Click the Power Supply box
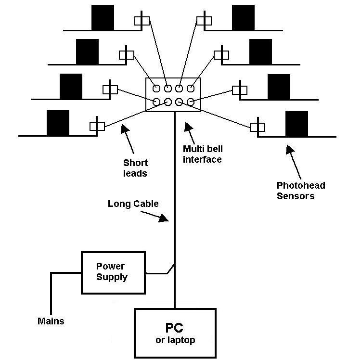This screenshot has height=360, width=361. coord(114,272)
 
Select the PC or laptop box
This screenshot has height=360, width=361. coord(175,333)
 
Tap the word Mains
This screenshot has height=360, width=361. coord(51,321)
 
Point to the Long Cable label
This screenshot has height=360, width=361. coord(133,204)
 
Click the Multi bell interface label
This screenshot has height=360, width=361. coord(202,154)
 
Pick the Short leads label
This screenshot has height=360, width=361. coord(135,168)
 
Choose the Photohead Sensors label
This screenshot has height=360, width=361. coord(301,191)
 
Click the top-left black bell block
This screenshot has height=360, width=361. coord(103,18)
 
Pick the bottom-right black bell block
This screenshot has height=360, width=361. coord(297,124)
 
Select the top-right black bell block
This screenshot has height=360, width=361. coord(243,18)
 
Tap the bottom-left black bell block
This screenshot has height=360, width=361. coord(58,123)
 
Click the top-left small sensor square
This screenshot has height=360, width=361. coord(142,20)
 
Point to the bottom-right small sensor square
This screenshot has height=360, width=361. coord(258,127)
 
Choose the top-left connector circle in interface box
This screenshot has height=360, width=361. coord(157,89)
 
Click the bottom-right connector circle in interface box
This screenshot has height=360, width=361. coord(191,102)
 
